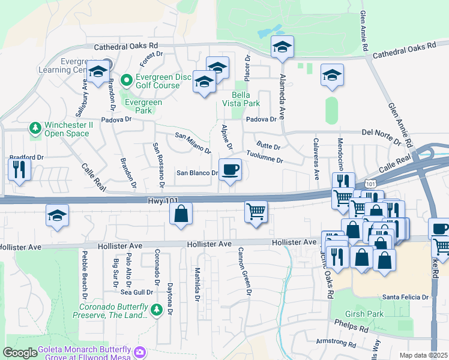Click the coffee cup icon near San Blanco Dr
[230, 170]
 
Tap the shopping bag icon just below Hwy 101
[181, 214]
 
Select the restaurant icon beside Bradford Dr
[19, 169]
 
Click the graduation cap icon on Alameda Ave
[282, 47]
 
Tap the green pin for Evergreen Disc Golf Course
[126, 79]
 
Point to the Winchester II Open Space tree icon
[36, 128]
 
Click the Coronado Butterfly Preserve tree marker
[157, 310]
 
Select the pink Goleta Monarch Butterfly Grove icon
[140, 351]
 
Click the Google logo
[20, 353]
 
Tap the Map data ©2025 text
[423, 355]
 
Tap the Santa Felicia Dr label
[406, 297]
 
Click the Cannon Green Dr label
[243, 271]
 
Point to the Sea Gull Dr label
[137, 292]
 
